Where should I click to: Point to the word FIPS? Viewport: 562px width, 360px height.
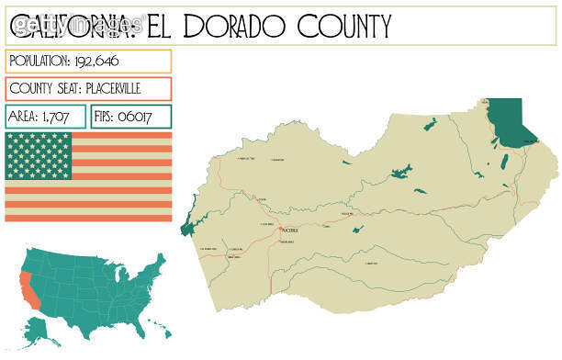point(106,117)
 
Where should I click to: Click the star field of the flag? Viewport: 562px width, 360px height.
point(38,156)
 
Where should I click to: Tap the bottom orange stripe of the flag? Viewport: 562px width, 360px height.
point(88,217)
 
